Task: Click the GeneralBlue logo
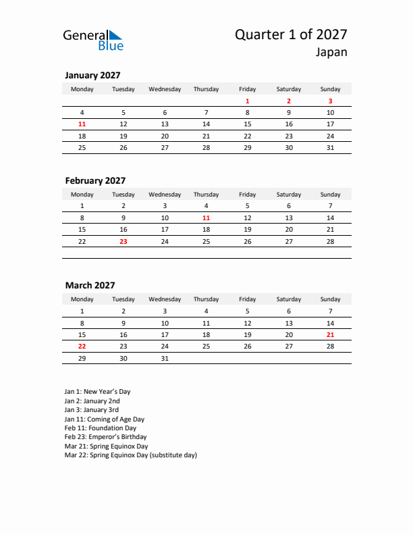tap(93, 40)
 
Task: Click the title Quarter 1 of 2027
tap(291, 34)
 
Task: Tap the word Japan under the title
tap(331, 53)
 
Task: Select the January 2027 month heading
tap(92, 76)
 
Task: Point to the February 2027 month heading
tap(95, 180)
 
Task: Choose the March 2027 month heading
tap(90, 286)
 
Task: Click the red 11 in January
tap(82, 124)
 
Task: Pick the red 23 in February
tap(123, 241)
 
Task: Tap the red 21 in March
tap(330, 334)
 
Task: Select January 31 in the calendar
tap(330, 147)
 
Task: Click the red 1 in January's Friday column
tap(247, 101)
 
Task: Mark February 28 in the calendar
tap(330, 241)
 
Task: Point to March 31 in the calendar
tap(165, 358)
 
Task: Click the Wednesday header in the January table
tap(165, 89)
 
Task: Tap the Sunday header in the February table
tap(330, 195)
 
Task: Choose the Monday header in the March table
tap(82, 299)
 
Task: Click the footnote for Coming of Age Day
tap(105, 419)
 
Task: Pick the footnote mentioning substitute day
tap(131, 455)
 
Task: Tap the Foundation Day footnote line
tap(101, 428)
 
